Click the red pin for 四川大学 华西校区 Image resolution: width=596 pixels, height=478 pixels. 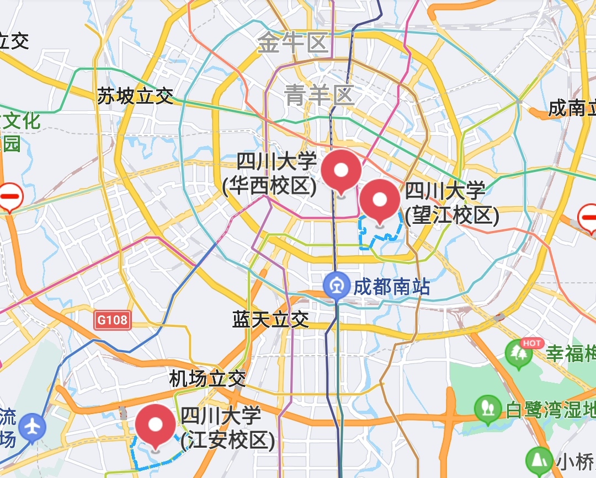(341, 169)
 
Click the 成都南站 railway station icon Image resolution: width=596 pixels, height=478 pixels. (337, 286)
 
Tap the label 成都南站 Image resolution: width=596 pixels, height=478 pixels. (391, 287)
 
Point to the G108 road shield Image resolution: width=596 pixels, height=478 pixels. (112, 320)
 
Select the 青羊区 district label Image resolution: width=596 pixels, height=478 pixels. (320, 95)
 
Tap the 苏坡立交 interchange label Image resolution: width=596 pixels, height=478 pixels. (135, 96)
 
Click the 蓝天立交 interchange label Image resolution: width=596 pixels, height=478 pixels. (270, 319)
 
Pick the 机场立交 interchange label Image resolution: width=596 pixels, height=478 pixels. (207, 379)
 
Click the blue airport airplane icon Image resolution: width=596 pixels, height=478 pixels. (32, 427)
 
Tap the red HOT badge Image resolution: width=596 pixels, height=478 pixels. (532, 343)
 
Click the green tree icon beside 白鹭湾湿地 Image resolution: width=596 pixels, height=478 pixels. (487, 409)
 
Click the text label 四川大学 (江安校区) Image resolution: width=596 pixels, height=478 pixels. (227, 428)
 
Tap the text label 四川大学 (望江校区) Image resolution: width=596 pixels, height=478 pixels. (451, 203)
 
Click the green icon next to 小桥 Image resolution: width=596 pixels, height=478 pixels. (538, 460)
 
